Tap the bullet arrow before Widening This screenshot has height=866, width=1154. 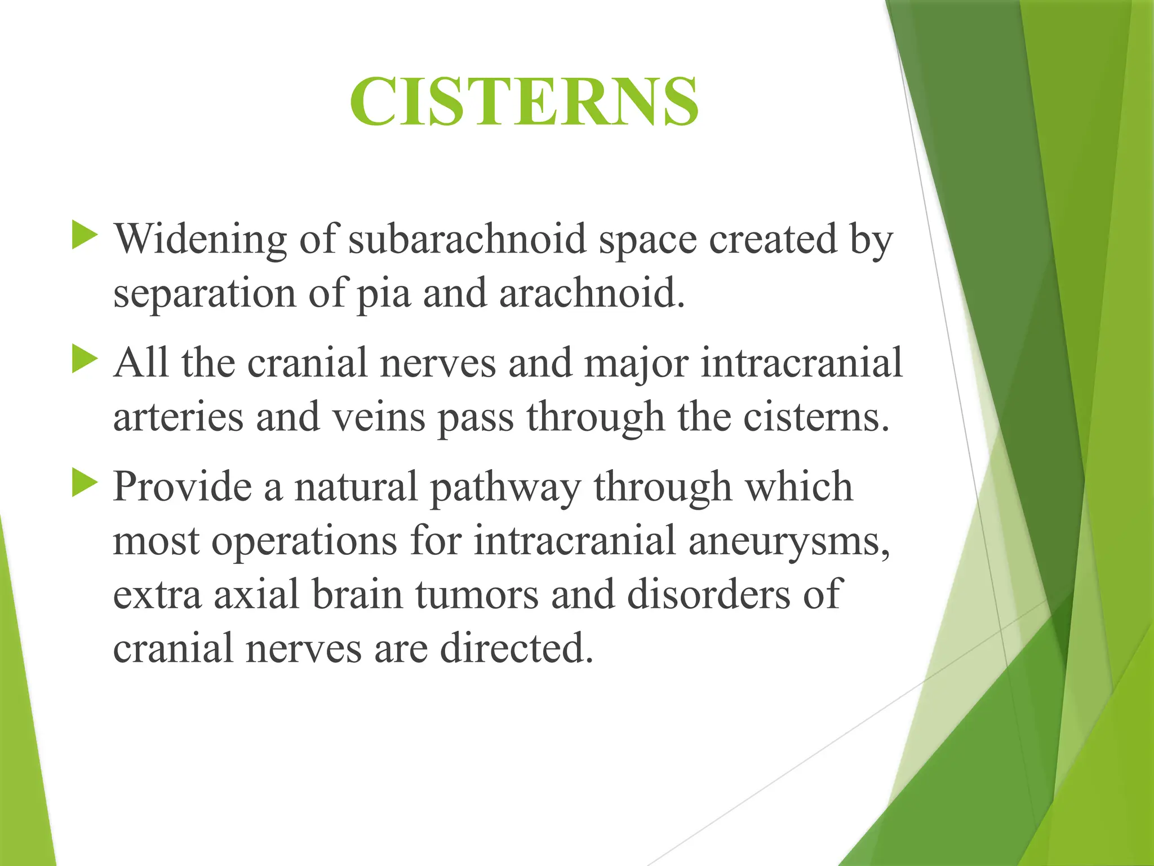(x=85, y=236)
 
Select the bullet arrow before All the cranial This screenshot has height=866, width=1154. (x=85, y=360)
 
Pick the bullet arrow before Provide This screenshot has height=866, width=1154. (x=85, y=484)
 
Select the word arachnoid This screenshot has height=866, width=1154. (x=592, y=294)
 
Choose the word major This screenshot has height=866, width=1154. (x=636, y=364)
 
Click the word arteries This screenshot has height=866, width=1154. (x=178, y=418)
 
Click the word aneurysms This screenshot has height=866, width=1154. (x=789, y=542)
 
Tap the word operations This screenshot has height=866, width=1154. (x=305, y=542)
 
